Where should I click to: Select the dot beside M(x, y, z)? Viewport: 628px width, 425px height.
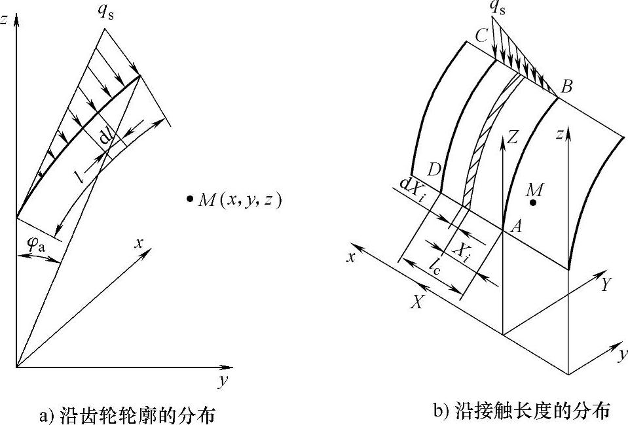(x=190, y=199)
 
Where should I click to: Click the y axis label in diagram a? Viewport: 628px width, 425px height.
(x=222, y=382)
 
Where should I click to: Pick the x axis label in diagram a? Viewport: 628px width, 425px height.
(x=139, y=243)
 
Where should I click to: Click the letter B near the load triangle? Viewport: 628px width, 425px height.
(x=567, y=85)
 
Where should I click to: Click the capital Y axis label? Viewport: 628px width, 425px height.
(x=606, y=284)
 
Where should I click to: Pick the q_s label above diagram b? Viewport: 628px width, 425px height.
(x=502, y=8)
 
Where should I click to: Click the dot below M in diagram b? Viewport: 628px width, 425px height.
(x=534, y=203)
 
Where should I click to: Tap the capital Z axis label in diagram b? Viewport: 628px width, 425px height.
(x=513, y=137)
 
